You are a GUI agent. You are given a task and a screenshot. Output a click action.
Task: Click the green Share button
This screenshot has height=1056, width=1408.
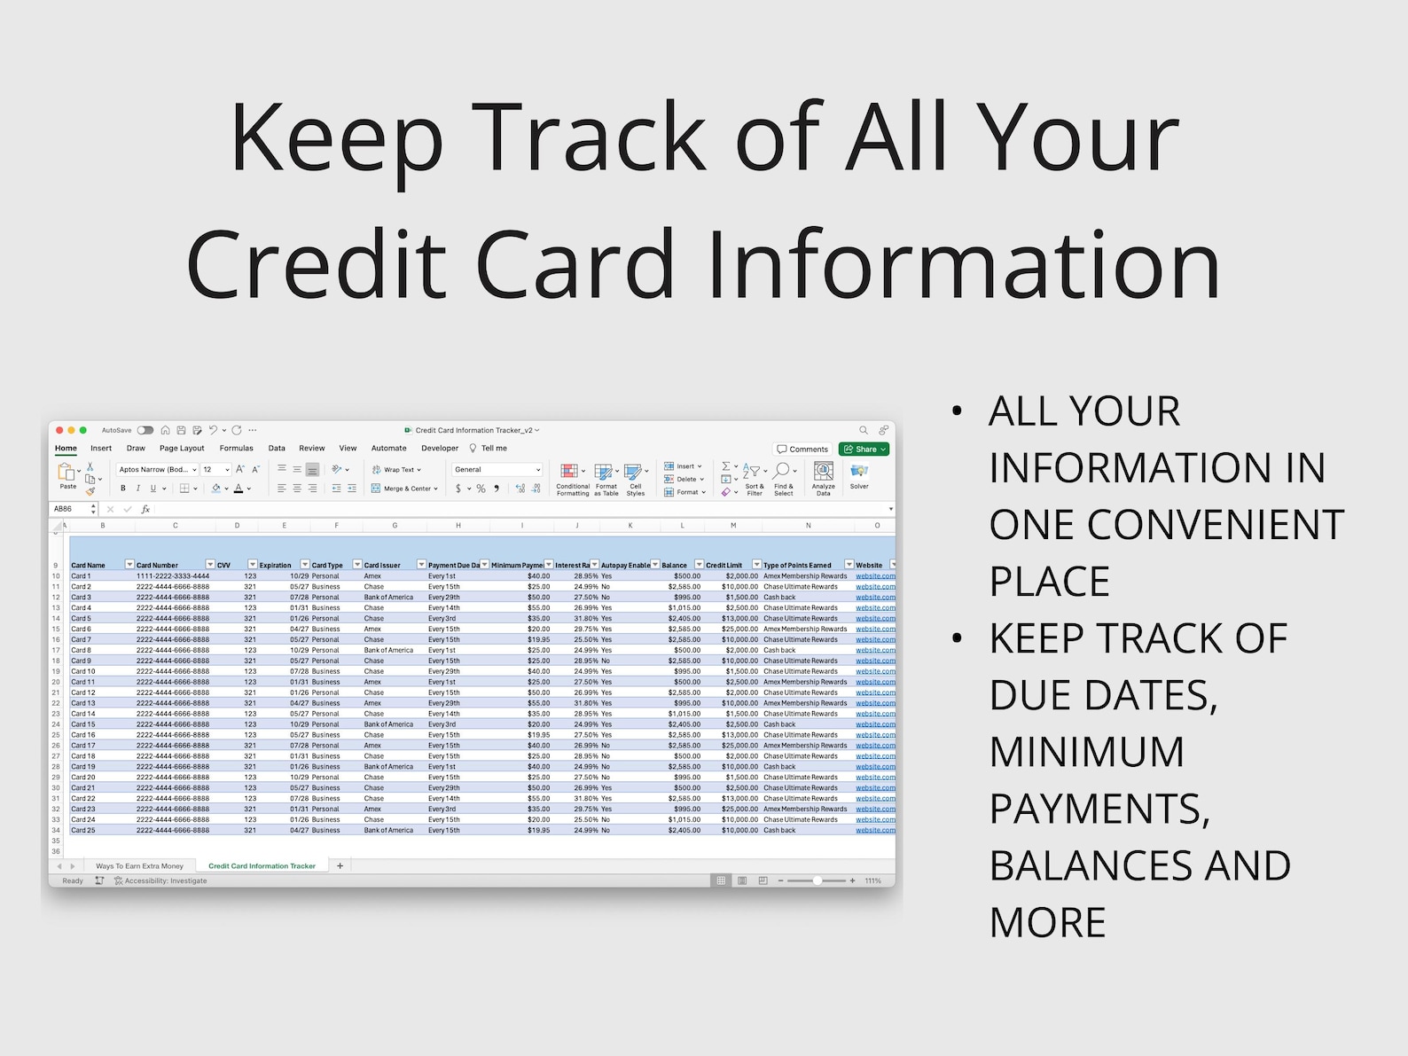[864, 450]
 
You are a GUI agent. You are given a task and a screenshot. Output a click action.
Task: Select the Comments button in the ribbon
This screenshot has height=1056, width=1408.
[802, 450]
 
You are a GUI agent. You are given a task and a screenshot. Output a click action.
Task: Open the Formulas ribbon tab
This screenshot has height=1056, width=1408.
[236, 449]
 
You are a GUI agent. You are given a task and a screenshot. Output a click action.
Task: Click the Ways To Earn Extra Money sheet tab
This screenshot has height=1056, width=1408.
[139, 866]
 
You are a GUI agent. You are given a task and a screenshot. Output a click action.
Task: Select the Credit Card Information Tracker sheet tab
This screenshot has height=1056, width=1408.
[262, 866]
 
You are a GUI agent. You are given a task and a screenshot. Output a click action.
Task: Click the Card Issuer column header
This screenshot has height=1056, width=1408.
[382, 565]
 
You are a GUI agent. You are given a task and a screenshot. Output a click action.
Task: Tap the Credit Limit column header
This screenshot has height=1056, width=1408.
[724, 565]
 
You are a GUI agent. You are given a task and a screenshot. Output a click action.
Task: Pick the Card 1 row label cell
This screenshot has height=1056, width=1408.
[81, 576]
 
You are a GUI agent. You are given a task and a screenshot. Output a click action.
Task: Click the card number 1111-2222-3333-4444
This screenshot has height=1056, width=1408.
[173, 576]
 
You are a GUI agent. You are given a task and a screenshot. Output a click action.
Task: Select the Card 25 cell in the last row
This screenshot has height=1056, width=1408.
[83, 831]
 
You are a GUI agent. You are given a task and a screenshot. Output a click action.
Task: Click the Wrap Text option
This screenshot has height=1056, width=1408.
[397, 470]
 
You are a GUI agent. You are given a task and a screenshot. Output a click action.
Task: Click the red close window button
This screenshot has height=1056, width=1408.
[59, 430]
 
